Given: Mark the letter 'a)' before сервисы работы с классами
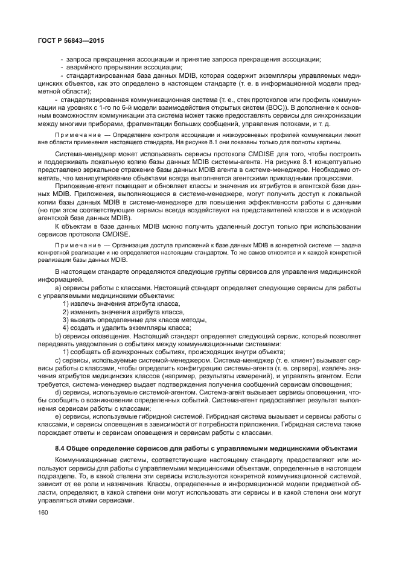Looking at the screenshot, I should [x=57, y=288].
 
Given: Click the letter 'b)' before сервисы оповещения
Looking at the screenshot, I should [x=57, y=335].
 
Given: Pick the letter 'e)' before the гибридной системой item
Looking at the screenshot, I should [x=57, y=416].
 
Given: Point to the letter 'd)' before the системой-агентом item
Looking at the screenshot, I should [x=57, y=391].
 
